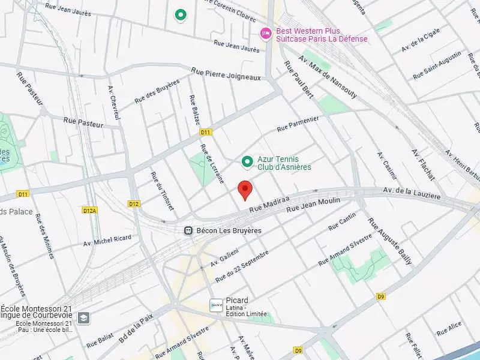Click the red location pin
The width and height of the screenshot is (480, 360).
point(244,190)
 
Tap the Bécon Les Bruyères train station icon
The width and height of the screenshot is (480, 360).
point(188,230)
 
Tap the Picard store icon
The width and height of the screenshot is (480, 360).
point(216,305)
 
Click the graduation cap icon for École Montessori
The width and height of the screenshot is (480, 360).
point(83,317)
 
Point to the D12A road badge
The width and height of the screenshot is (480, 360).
point(89,210)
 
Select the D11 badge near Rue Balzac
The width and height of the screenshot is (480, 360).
point(206,132)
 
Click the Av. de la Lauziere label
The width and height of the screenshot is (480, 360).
point(412,193)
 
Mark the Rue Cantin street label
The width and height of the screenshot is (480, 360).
point(342,221)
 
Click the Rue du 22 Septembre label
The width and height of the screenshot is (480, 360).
point(241,266)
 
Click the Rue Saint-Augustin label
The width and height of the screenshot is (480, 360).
point(437,66)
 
